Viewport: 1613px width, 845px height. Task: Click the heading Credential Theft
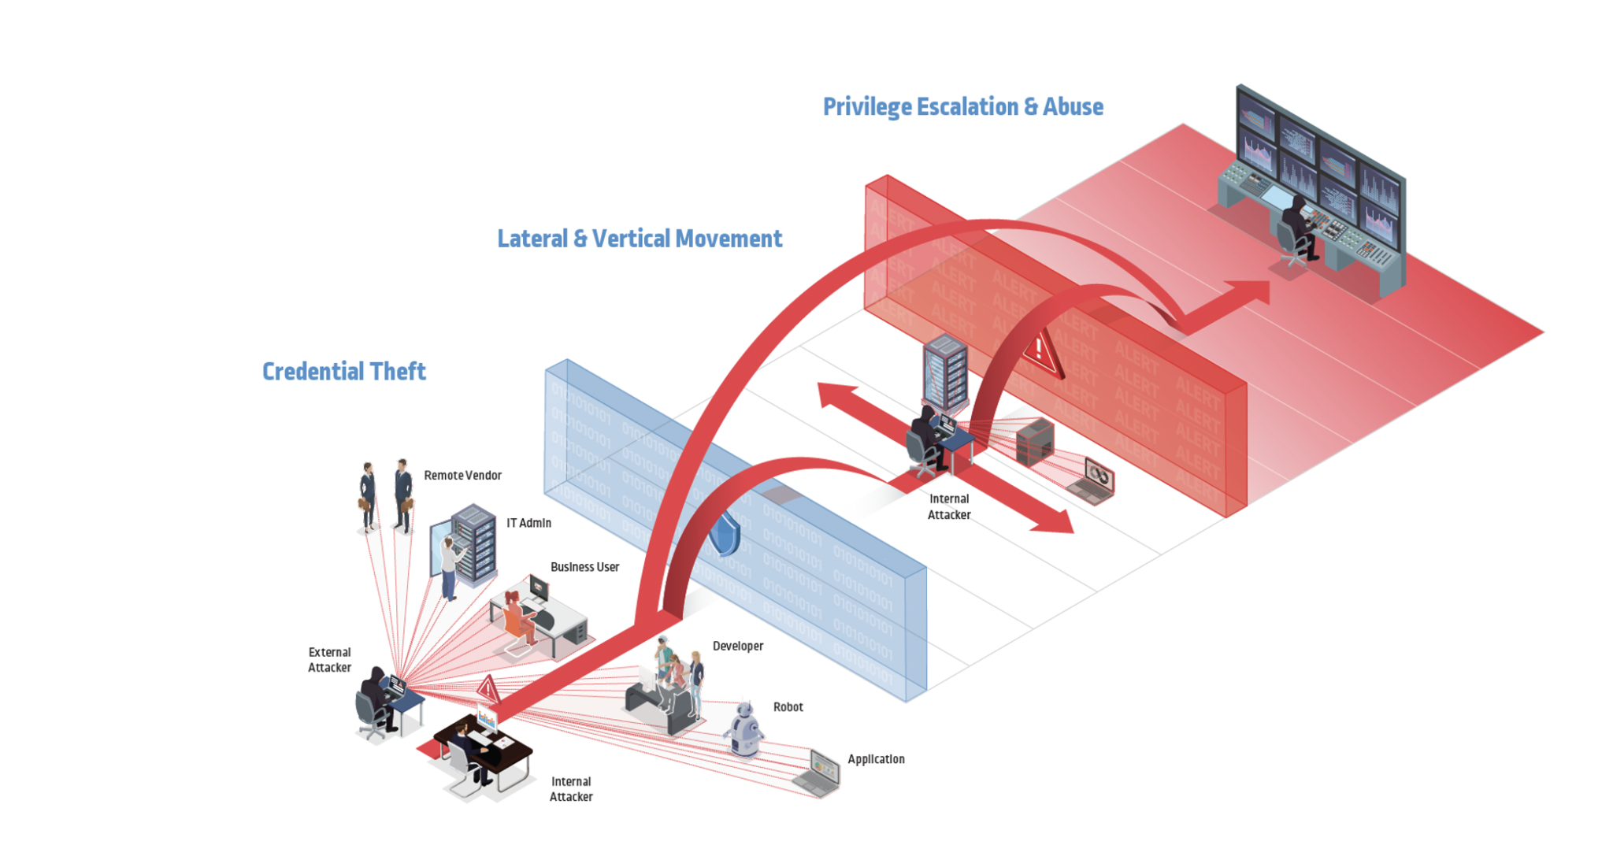pyautogui.click(x=343, y=371)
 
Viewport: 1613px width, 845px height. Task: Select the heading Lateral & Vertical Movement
pyautogui.click(x=639, y=239)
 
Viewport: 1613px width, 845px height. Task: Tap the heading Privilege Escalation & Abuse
pyautogui.click(x=962, y=106)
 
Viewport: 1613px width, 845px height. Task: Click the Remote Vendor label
pyautogui.click(x=462, y=475)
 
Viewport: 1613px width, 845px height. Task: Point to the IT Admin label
pyautogui.click(x=528, y=523)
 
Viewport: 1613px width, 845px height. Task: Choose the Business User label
pyautogui.click(x=584, y=567)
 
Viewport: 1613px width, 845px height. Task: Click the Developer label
pyautogui.click(x=737, y=646)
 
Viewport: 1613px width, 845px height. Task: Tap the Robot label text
pyautogui.click(x=788, y=707)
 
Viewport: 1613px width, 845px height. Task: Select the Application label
pyautogui.click(x=876, y=759)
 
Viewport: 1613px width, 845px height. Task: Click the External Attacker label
pyautogui.click(x=329, y=660)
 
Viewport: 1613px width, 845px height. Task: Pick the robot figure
pyautogui.click(x=743, y=730)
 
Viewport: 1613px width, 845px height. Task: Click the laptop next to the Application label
pyautogui.click(x=819, y=773)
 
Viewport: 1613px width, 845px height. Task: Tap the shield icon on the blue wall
pyautogui.click(x=725, y=536)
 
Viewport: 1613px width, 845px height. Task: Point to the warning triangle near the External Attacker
pyautogui.click(x=488, y=689)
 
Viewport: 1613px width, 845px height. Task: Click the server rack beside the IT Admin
pyautogui.click(x=476, y=543)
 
